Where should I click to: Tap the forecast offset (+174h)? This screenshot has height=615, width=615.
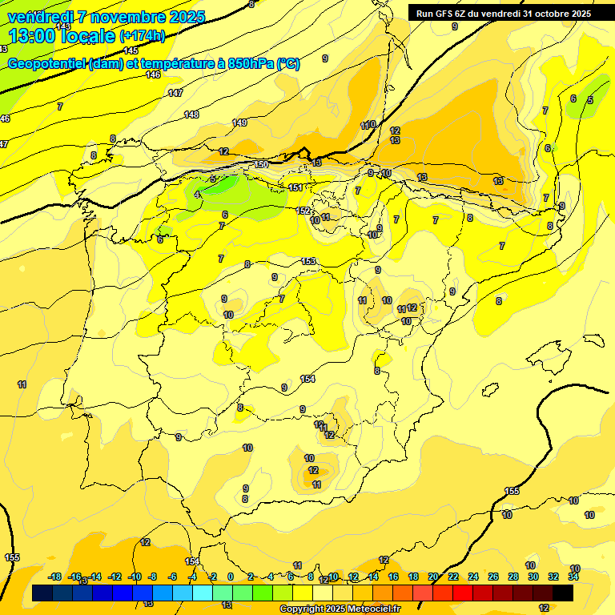click(143, 36)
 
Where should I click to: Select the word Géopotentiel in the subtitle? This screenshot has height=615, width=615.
click(46, 64)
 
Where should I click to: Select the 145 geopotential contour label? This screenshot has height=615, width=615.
click(131, 50)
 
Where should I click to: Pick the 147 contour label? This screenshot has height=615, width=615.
click(175, 93)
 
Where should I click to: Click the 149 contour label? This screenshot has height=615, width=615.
click(239, 123)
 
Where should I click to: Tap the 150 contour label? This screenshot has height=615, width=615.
click(261, 164)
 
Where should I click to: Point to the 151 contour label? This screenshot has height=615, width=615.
click(295, 187)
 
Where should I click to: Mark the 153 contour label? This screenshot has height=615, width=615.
click(309, 261)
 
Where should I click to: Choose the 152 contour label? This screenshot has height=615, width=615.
click(303, 211)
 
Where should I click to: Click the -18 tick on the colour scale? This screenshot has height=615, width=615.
click(55, 577)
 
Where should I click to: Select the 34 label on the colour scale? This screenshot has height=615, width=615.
click(573, 577)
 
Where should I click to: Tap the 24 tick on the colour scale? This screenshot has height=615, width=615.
click(473, 577)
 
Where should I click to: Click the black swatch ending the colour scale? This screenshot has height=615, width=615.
click(563, 593)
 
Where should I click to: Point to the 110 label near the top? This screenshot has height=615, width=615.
click(368, 125)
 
